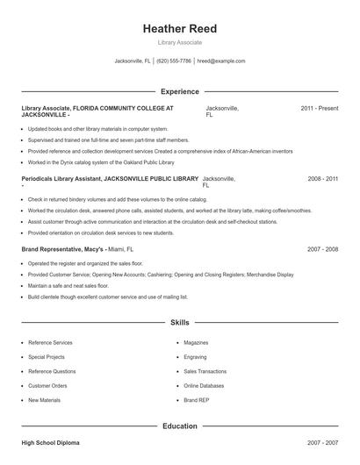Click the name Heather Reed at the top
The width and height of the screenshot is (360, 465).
[x=179, y=29]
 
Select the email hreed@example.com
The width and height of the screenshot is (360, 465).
[x=220, y=61]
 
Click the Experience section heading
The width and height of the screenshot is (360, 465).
[x=179, y=91]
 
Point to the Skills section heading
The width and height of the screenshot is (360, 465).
[x=179, y=323]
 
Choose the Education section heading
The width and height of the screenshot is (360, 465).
[x=179, y=426]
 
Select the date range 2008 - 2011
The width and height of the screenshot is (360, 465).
[x=322, y=179]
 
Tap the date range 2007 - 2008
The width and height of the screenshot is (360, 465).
[x=322, y=249]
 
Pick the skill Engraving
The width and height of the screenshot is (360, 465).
[x=195, y=357]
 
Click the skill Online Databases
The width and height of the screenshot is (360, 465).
[x=203, y=385]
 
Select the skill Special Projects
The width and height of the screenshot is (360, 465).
[x=47, y=357]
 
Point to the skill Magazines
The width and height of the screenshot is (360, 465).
[x=196, y=343]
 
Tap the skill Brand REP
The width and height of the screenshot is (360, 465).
[x=196, y=400]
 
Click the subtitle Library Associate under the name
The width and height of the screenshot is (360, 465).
[x=179, y=42]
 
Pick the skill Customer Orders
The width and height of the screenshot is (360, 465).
[x=47, y=385]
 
